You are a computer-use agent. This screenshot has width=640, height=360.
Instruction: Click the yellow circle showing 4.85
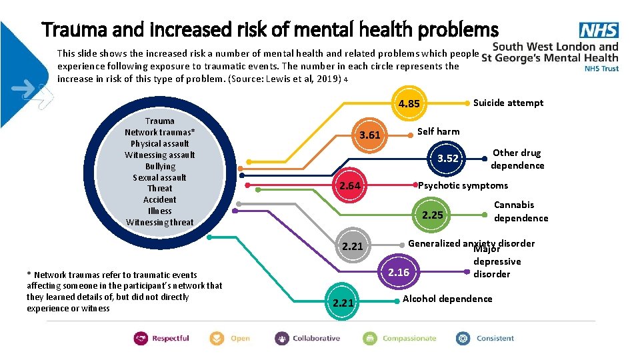coord(409,103)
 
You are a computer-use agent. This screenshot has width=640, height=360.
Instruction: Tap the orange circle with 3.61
coord(369,135)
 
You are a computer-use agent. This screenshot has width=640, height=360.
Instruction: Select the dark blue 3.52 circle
coord(447,158)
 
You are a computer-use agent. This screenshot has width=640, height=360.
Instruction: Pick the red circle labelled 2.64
coord(349,185)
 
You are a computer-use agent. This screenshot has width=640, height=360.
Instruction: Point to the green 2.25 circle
coord(432,215)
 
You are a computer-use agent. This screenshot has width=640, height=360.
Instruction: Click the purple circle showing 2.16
coord(399,272)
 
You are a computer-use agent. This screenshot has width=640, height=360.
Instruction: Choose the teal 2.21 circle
coord(343,303)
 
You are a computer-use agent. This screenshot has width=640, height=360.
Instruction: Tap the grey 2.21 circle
coord(352,247)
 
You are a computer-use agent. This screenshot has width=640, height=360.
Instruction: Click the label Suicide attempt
coord(508,103)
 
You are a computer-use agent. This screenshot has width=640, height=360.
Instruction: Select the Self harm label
coord(438,131)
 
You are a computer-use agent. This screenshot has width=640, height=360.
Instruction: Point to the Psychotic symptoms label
coord(463,185)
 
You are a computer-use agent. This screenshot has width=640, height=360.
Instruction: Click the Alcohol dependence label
coord(447,299)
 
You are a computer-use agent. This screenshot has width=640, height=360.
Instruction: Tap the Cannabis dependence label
coord(521,211)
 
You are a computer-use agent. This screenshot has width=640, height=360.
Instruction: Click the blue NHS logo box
coord(599,30)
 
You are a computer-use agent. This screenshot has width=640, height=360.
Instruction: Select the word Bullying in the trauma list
coord(160,166)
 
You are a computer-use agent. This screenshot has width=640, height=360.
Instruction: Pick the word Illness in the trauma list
coord(160,211)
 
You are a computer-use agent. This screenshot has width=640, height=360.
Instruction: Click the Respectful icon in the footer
coord(141,338)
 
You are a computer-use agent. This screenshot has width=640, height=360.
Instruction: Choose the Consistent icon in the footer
coord(463,338)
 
